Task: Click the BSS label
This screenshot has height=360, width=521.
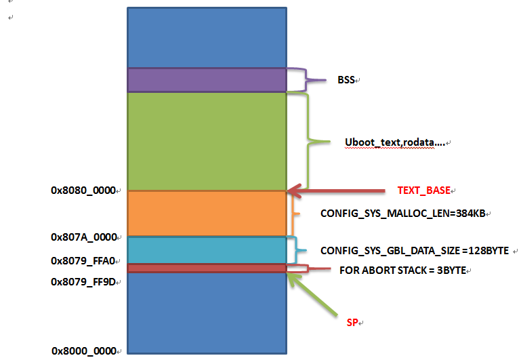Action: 346,80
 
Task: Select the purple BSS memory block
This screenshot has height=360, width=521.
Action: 207,79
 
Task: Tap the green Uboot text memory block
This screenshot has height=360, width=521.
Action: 207,141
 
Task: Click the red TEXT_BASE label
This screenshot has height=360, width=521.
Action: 424,191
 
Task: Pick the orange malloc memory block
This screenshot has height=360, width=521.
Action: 207,213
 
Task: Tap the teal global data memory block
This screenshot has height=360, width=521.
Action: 207,249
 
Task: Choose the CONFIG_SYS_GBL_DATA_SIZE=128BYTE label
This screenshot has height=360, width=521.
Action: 414,250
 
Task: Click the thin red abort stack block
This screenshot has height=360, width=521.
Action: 207,268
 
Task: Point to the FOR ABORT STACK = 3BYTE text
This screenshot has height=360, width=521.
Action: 402,270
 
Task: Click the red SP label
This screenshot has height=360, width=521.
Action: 351,322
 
